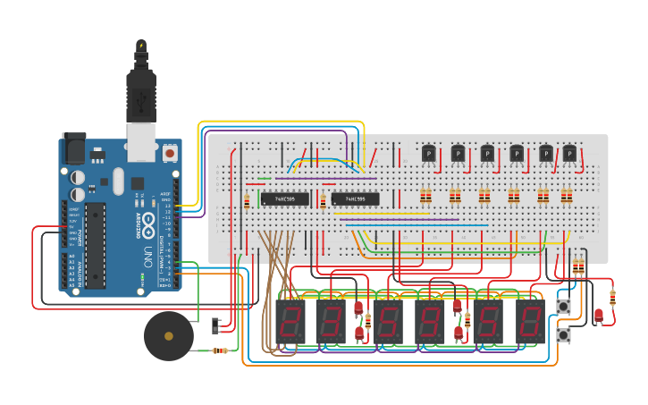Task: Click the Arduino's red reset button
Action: coord(170,154)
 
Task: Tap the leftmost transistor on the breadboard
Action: coord(428,155)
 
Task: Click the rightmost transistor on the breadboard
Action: coord(569,155)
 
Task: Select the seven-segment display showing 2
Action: coord(291,320)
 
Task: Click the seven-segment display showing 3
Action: coord(331,320)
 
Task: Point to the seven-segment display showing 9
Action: coord(390,320)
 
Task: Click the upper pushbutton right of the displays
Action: coord(563,307)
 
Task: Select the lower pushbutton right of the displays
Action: coord(563,334)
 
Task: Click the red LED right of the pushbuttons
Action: coord(598,315)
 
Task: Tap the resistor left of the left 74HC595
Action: coord(248,201)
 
